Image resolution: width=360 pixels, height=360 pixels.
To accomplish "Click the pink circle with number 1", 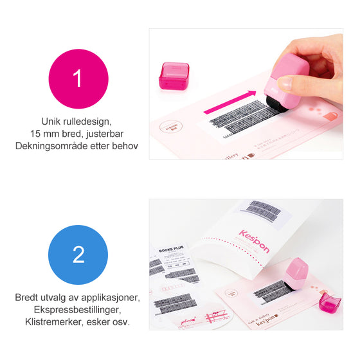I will coord(78,78).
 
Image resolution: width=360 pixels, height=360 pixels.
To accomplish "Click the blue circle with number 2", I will coord(78,255).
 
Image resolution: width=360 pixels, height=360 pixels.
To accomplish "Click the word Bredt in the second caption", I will coord(28,298).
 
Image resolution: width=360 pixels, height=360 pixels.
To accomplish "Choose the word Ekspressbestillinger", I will coord(78,309).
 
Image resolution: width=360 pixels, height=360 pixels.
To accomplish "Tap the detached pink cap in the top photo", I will coord(174,75).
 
